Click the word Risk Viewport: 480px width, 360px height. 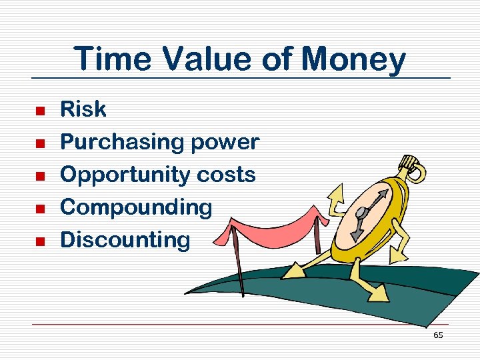click(83, 109)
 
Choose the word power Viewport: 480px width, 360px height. click(225, 142)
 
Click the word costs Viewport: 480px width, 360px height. click(226, 175)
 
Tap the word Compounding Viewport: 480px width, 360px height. click(136, 207)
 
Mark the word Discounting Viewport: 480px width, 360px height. click(125, 239)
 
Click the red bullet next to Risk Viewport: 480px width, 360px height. click(39, 111)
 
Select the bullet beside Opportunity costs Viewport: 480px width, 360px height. click(39, 175)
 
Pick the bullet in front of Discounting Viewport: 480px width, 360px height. click(39, 241)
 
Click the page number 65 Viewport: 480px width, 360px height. click(437, 335)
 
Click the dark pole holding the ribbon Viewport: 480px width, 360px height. click(239, 267)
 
